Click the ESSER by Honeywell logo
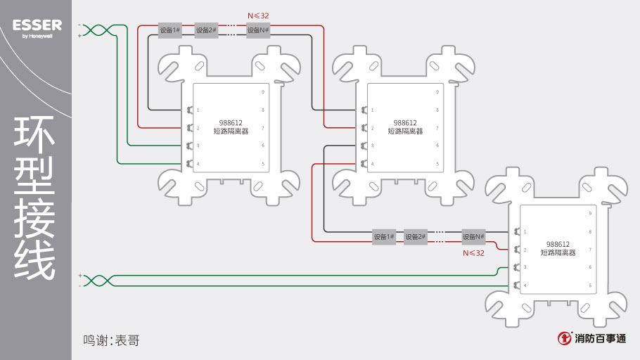click(37, 28)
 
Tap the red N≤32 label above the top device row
click(258, 15)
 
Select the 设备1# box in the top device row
click(170, 30)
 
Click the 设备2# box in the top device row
click(206, 30)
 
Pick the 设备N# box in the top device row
click(258, 30)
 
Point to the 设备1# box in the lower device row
click(384, 237)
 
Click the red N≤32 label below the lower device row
click(473, 252)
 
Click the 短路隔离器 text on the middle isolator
click(405, 131)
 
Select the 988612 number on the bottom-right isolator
click(558, 244)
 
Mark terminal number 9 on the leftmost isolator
click(263, 92)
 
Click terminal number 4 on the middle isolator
click(372, 164)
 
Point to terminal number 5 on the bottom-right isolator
click(590, 285)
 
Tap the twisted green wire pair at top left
click(98, 30)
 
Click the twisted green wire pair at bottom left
click(98, 281)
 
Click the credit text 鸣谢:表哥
click(111, 340)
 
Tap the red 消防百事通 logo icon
click(564, 338)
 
